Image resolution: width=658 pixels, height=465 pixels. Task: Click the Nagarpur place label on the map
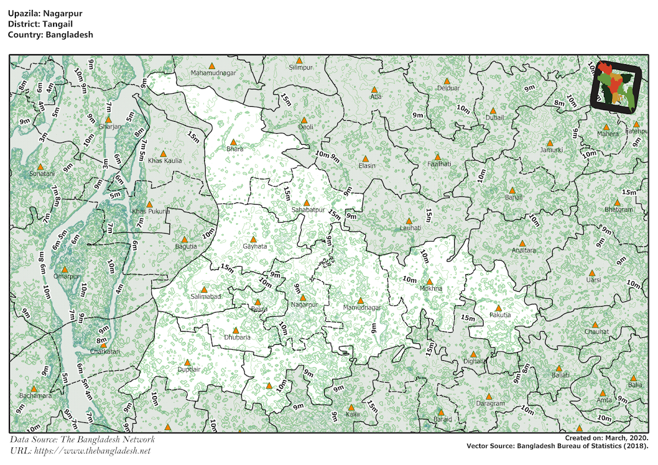(304, 304)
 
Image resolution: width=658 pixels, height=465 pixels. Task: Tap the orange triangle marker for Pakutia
(498, 308)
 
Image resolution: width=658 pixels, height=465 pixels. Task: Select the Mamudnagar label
(361, 308)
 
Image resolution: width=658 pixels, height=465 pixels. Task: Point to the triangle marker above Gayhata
(253, 239)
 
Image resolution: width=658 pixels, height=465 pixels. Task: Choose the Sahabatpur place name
(309, 210)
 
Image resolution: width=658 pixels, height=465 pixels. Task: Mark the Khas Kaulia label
(164, 161)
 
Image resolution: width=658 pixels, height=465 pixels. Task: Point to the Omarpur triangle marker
(65, 269)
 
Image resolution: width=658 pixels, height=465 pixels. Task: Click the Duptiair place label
(189, 370)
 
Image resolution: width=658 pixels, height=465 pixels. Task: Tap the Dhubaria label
(237, 337)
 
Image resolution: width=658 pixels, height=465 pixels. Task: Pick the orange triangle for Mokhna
(429, 281)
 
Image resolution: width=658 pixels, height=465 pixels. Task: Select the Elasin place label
(367, 166)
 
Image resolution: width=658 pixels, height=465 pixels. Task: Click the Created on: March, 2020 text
(606, 438)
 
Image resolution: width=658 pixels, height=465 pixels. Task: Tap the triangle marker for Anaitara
(522, 243)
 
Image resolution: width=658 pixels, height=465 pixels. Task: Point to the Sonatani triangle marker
(40, 167)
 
